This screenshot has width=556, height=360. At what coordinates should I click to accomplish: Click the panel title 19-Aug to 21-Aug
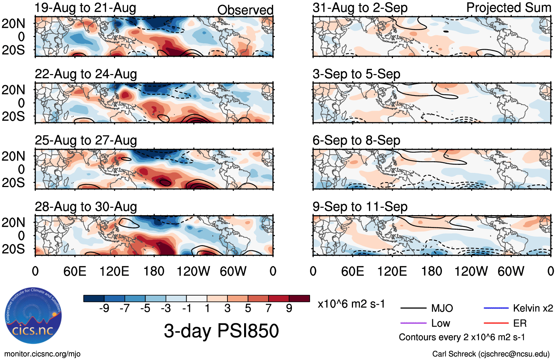pyautogui.click(x=85, y=8)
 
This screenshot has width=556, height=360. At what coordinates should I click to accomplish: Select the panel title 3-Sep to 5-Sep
pyautogui.click(x=356, y=74)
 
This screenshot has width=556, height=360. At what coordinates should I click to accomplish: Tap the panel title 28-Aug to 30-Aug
pyautogui.click(x=86, y=207)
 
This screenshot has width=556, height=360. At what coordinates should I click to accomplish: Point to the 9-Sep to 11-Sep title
pyautogui.click(x=360, y=207)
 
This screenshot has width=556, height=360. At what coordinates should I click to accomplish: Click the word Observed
pyautogui.click(x=245, y=10)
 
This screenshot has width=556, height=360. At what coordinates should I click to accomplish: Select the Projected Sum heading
pyautogui.click(x=509, y=7)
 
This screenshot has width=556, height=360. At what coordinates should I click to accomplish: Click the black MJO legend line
pyautogui.click(x=413, y=308)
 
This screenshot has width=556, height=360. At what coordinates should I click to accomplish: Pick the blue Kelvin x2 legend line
pyautogui.click(x=496, y=308)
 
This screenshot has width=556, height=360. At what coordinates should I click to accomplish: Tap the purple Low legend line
pyautogui.click(x=413, y=323)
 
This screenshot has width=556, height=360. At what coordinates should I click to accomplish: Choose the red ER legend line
pyautogui.click(x=496, y=323)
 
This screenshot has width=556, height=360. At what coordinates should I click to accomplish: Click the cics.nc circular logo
pyautogui.click(x=33, y=317)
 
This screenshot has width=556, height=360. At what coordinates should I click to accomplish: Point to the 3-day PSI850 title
pyautogui.click(x=221, y=331)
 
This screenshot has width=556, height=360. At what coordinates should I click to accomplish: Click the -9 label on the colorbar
pyautogui.click(x=104, y=308)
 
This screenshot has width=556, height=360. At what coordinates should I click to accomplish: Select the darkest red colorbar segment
pyautogui.click(x=299, y=299)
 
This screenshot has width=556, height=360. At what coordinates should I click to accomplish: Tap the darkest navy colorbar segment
pyautogui.click(x=94, y=299)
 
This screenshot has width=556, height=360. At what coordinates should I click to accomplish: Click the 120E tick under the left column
pyautogui.click(x=114, y=271)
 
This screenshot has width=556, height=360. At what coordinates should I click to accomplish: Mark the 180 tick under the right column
pyautogui.click(x=432, y=271)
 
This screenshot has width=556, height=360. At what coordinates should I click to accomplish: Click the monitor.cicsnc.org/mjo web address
pyautogui.click(x=42, y=354)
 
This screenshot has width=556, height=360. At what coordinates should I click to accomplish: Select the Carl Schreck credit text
pyautogui.click(x=491, y=354)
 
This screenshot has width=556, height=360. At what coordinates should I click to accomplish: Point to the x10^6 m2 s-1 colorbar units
pyautogui.click(x=351, y=304)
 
